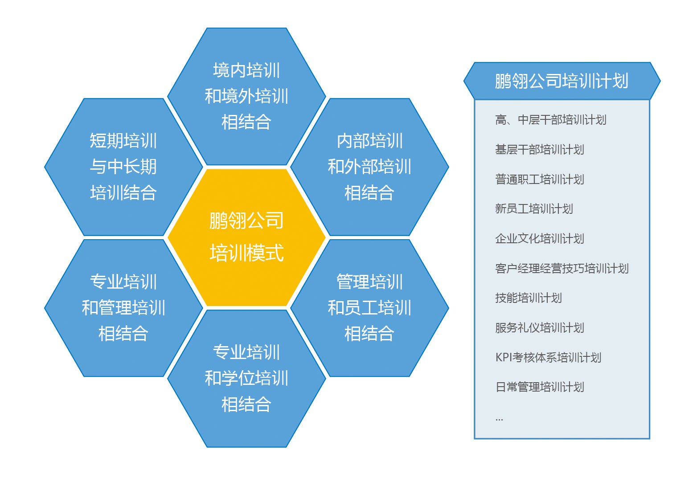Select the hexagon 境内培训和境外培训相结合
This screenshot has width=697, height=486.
pyautogui.click(x=246, y=96)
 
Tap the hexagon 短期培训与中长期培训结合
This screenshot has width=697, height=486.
pyautogui.click(x=123, y=167)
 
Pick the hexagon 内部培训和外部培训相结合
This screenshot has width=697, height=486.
pyautogui.click(x=369, y=167)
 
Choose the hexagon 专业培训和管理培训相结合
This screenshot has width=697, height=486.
pyautogui.click(x=123, y=308)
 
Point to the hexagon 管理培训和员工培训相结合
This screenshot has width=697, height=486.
pyautogui.click(x=369, y=308)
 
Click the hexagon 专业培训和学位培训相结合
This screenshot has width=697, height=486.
pyautogui.click(x=246, y=378)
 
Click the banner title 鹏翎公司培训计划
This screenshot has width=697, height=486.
pyautogui.click(x=562, y=81)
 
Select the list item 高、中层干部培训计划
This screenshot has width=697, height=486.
pyautogui.click(x=550, y=120)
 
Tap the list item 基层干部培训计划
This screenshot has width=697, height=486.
pyautogui.click(x=539, y=150)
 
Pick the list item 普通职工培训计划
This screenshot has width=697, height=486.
pyautogui.click(x=539, y=180)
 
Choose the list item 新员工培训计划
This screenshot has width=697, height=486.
pyautogui.click(x=534, y=209)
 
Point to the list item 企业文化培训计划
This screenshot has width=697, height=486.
pyautogui.click(x=539, y=239)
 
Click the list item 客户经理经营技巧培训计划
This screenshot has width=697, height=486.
pyautogui.click(x=562, y=269)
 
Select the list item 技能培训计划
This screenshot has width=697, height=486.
pyautogui.click(x=528, y=298)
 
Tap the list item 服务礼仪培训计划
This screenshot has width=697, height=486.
pyautogui.click(x=539, y=328)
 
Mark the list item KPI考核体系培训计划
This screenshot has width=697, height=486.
pyautogui.click(x=548, y=358)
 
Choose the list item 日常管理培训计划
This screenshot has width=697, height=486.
pyautogui.click(x=539, y=387)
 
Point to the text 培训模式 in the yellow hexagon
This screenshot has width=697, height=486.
pyautogui.click(x=246, y=253)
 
